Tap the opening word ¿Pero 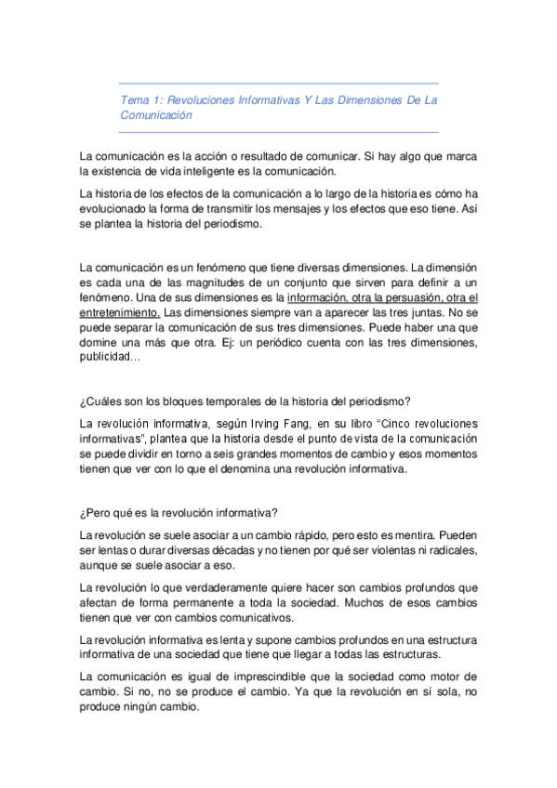pyautogui.click(x=99, y=512)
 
